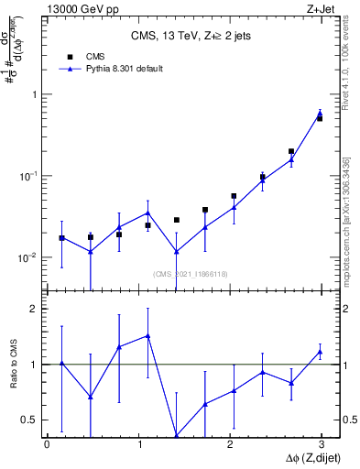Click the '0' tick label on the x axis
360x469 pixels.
click(x=47, y=444)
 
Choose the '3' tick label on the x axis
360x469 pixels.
click(x=322, y=444)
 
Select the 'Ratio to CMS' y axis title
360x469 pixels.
click(x=13, y=364)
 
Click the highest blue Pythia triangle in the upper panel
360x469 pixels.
click(x=320, y=114)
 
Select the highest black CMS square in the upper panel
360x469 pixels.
click(x=320, y=118)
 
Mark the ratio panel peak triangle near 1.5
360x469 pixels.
click(x=147, y=336)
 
